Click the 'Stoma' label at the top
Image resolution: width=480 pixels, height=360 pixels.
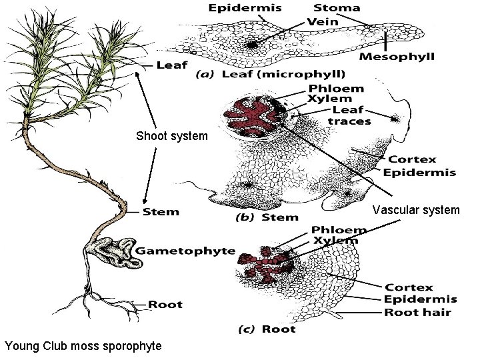point(337,8)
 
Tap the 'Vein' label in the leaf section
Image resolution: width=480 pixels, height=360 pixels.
point(323,21)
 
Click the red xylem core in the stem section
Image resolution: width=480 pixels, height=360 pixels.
point(254,117)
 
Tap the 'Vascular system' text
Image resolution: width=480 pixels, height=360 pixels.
point(416,210)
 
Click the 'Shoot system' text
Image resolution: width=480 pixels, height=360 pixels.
point(172,136)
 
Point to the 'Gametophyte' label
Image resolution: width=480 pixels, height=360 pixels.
point(186,251)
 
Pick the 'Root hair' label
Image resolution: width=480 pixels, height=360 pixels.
point(417,312)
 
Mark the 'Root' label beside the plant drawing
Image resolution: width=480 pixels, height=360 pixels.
point(165,305)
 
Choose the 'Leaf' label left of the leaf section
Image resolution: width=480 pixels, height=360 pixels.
point(171,65)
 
